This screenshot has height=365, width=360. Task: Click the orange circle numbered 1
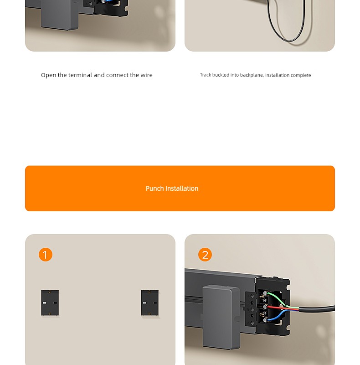[46, 255]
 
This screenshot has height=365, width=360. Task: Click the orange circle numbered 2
[205, 255]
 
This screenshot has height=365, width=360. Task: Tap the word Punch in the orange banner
[154, 188]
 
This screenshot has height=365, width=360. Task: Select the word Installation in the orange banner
[182, 188]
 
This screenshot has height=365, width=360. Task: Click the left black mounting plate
[50, 302]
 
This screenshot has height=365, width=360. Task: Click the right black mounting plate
[150, 302]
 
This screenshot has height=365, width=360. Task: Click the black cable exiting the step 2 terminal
[317, 309]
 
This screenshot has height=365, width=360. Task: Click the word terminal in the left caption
[80, 75]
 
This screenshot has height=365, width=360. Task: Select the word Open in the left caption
[49, 75]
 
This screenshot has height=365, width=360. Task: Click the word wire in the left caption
[147, 75]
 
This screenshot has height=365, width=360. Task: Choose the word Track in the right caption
[206, 75]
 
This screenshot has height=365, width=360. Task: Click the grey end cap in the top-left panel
[60, 15]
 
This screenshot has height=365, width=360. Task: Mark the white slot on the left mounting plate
[45, 302]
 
